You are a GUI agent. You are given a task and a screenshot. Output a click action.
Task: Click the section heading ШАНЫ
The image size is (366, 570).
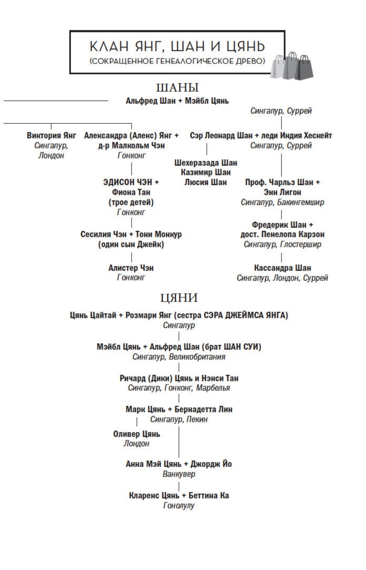pyautogui.click(x=177, y=88)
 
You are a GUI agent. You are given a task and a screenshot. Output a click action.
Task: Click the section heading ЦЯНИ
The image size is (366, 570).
pyautogui.click(x=179, y=297)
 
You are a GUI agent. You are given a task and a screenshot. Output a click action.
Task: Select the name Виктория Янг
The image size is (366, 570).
pyautogui.click(x=51, y=136)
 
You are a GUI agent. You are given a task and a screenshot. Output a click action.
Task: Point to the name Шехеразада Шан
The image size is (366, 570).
pyautogui.click(x=206, y=163)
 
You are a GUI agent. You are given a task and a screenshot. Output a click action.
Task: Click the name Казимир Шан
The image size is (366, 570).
pyautogui.click(x=206, y=172)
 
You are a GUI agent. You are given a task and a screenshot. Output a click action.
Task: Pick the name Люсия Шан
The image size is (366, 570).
pyautogui.click(x=206, y=182)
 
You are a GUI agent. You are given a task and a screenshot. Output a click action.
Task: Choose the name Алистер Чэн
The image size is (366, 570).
pyautogui.click(x=131, y=268)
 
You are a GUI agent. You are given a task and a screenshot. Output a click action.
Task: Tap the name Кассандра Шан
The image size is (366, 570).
pyautogui.click(x=282, y=268)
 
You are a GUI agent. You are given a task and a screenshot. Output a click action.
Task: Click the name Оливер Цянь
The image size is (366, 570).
pyautogui.click(x=136, y=434)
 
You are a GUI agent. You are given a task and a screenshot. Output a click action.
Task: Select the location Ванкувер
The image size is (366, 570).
pyautogui.click(x=179, y=474)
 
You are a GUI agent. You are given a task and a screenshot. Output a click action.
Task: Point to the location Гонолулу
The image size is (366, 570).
pyautogui.click(x=179, y=506)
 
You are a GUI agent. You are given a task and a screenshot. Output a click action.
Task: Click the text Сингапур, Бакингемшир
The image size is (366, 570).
pyautogui.click(x=282, y=202)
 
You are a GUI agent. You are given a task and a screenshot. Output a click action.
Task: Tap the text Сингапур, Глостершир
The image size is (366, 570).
pyautogui.click(x=282, y=244)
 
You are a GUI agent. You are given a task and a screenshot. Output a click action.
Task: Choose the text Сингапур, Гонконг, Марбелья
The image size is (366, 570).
pyautogui.click(x=179, y=388)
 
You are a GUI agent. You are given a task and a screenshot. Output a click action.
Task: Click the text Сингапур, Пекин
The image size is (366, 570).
pyautogui.click(x=179, y=419)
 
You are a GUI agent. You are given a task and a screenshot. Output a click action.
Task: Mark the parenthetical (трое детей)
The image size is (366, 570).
pyautogui.click(x=131, y=202)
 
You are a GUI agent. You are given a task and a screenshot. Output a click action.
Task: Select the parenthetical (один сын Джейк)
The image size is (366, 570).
pyautogui.click(x=131, y=245)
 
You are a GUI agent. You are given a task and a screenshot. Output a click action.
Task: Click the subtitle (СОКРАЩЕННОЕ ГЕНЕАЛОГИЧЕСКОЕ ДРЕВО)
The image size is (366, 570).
pyautogui.click(x=177, y=61)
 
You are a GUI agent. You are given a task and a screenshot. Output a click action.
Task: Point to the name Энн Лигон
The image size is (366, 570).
pyautogui.click(x=282, y=192)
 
